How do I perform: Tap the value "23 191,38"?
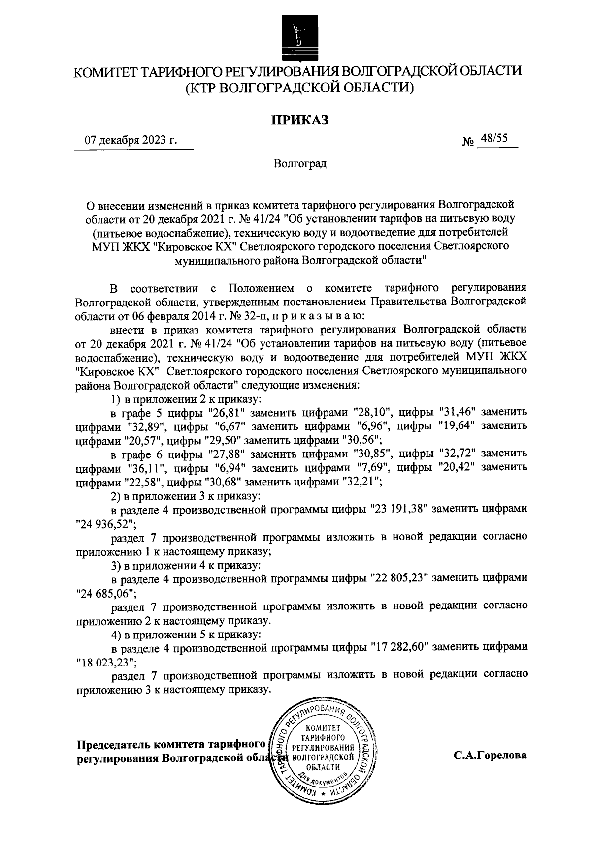pos(400,509)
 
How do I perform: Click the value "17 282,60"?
pos(400,647)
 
